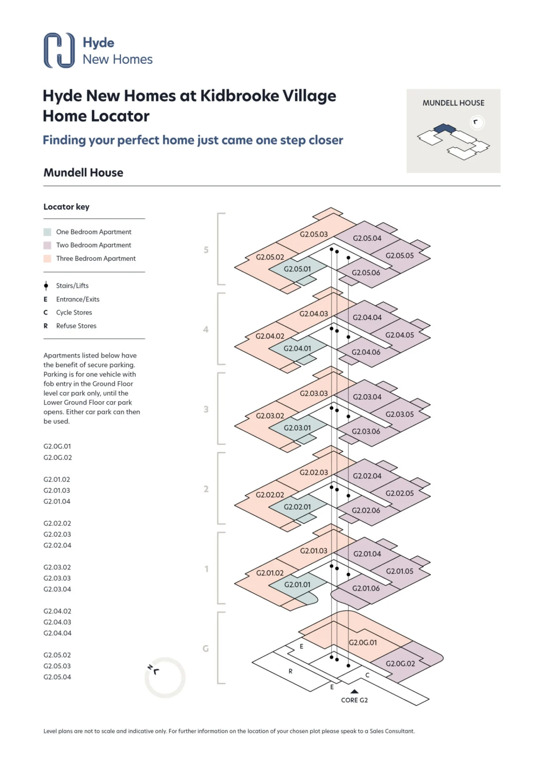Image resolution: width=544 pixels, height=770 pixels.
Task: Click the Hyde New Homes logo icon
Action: (59, 50)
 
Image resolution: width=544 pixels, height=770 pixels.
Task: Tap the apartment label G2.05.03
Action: (314, 234)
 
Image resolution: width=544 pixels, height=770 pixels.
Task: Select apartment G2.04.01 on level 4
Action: (297, 348)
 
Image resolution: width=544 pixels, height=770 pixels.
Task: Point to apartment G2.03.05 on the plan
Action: (399, 414)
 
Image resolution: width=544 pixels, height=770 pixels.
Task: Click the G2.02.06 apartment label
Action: (366, 510)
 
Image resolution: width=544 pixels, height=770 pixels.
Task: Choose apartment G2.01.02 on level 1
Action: (270, 573)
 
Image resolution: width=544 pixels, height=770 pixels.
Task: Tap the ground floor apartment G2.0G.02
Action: (400, 663)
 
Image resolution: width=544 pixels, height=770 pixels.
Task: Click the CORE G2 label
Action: (354, 700)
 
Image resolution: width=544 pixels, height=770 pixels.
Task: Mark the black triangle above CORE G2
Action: (354, 691)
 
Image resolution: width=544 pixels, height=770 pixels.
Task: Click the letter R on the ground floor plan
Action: (291, 671)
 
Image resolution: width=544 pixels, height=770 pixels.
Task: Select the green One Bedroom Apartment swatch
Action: (47, 232)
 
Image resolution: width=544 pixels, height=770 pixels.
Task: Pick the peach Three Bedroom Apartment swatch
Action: (47, 259)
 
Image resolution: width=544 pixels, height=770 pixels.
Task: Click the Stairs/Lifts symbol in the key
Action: (46, 286)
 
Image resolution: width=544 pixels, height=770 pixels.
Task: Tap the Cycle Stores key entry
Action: (74, 313)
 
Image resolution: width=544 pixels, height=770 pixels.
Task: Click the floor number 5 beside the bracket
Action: (206, 250)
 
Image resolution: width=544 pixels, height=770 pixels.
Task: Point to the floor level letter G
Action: (206, 648)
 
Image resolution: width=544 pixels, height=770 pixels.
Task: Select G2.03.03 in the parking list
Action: (57, 578)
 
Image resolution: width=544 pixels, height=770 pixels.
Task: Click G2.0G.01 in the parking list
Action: (57, 446)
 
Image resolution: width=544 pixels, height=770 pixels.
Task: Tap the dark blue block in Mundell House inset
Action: (445, 128)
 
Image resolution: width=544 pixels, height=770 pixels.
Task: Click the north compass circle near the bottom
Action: (165, 677)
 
